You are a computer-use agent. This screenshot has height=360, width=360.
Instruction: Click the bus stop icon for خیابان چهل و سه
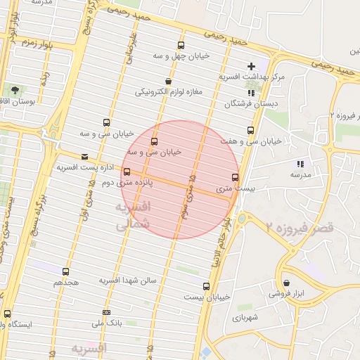click(181, 45)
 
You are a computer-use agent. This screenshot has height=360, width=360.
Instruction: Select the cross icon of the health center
click(251, 65)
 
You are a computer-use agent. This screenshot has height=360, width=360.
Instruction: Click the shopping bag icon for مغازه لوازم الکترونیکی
click(167, 82)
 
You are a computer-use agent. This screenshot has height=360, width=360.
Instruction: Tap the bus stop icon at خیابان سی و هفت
click(251, 130)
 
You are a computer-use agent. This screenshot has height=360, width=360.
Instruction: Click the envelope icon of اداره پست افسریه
click(85, 156)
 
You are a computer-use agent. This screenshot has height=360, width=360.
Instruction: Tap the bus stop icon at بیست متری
click(235, 177)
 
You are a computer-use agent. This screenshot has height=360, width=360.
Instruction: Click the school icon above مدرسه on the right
click(301, 164)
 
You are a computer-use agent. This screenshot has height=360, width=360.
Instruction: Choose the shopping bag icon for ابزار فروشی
click(286, 283)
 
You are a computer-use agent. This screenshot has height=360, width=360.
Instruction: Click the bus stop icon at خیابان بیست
click(206, 286)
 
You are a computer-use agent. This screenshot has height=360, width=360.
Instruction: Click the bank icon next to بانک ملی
click(106, 312)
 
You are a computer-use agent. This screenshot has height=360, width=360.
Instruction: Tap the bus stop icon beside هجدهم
click(65, 271)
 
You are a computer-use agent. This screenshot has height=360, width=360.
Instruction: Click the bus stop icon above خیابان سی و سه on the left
click(106, 122)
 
